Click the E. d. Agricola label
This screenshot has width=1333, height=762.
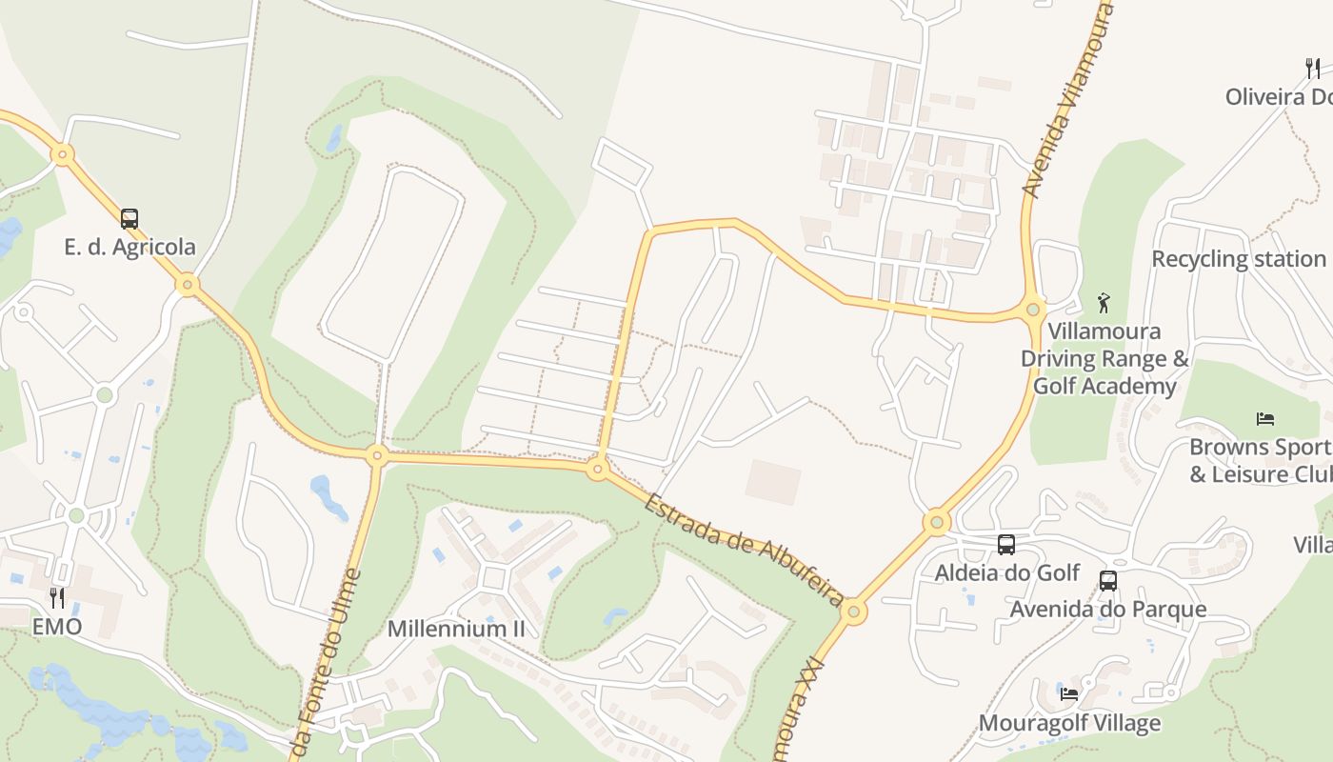[x=129, y=247]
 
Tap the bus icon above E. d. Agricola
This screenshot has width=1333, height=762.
[x=129, y=219]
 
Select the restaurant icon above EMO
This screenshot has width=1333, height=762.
[x=57, y=598]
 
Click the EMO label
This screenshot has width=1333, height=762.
[x=57, y=627]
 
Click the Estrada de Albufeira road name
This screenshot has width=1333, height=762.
[x=743, y=550]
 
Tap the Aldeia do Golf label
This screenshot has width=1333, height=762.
[x=1006, y=572]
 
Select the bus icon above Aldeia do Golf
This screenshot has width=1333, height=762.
[x=1006, y=545]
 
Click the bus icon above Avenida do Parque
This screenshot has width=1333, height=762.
[x=1108, y=581]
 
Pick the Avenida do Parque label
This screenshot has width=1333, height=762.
[x=1108, y=609]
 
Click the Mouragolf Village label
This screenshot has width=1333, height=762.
[x=1069, y=723]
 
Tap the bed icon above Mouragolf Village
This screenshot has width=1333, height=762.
[x=1069, y=694]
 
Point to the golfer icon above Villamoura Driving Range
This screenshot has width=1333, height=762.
[x=1104, y=303]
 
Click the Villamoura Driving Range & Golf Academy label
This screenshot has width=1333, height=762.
[x=1104, y=359]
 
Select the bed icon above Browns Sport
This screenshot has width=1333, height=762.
[x=1265, y=418]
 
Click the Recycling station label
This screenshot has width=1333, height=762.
[x=1239, y=259]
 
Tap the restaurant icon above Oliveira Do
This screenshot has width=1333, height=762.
[x=1312, y=69]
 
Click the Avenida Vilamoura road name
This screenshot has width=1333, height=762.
[x=1065, y=100]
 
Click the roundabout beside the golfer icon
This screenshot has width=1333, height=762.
[x=1033, y=309]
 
